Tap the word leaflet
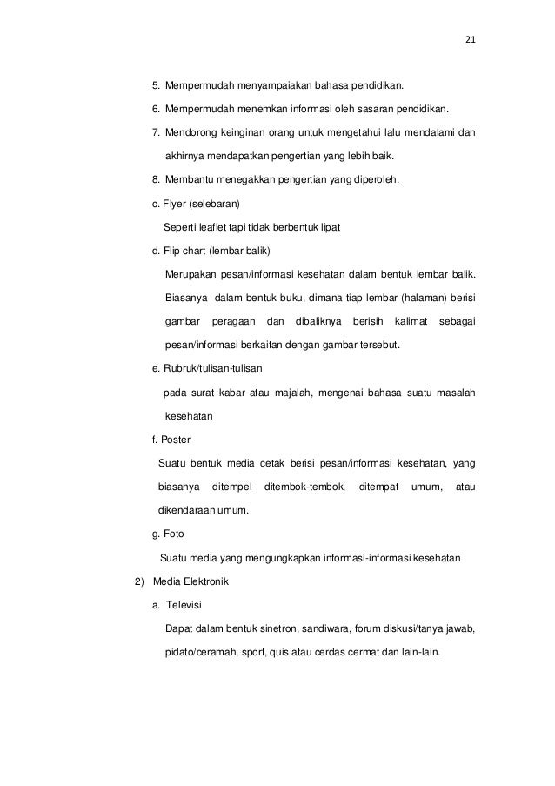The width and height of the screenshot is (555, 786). pos(213,228)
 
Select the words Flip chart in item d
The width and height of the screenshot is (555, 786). pos(182,252)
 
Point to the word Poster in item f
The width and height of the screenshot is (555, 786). pos(177,439)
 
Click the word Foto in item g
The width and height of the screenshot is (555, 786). pos(174,533)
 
